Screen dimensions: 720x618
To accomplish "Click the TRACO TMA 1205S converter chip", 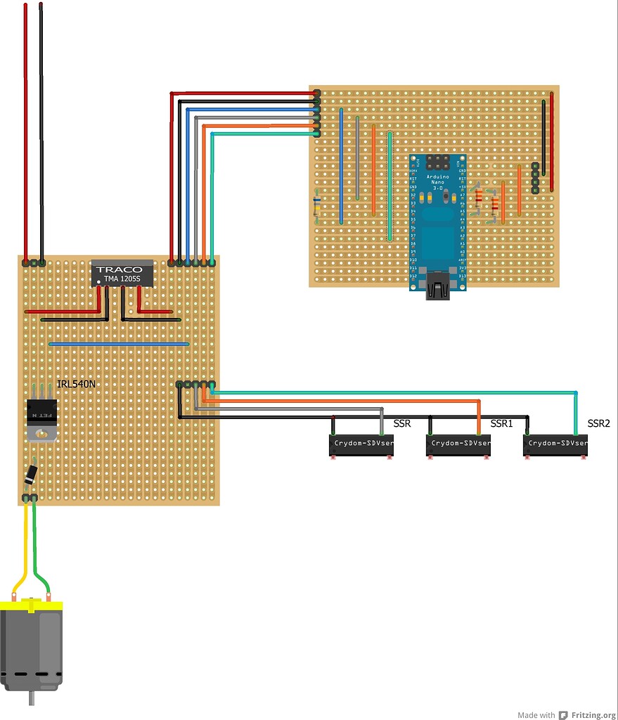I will click(122, 274).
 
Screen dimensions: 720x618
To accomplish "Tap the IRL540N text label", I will click(77, 385).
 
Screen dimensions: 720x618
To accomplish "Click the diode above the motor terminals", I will click(30, 475).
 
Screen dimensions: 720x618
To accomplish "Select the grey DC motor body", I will click(32, 647).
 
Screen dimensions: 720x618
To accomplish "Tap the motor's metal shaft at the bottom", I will click(32, 699).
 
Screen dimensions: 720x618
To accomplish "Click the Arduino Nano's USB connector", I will click(437, 290).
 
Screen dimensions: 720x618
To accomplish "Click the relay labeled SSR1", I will click(458, 444).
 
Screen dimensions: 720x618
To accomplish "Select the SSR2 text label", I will click(598, 424).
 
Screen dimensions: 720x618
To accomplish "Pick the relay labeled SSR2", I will click(555, 444).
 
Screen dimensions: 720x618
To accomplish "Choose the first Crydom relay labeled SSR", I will click(361, 444).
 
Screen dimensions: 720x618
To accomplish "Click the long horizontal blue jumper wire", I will click(120, 345).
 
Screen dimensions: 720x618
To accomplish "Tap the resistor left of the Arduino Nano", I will click(317, 205).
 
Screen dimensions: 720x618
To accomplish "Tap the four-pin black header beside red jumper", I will click(535, 178).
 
